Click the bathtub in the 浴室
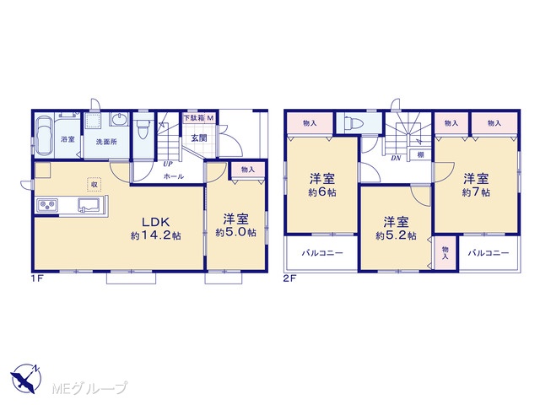[45, 135]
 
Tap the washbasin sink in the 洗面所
[120, 120]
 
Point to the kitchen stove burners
[47, 206]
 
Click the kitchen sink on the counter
[89, 205]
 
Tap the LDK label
[155, 221]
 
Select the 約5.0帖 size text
[236, 233]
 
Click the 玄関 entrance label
[199, 138]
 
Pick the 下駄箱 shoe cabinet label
[194, 118]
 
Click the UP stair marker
[168, 165]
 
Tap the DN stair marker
[396, 159]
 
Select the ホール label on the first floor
[174, 176]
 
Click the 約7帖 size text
[476, 192]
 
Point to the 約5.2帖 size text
[396, 235]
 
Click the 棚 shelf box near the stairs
[420, 154]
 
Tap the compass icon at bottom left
[26, 379]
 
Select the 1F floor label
[37, 278]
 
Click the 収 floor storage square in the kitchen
[94, 184]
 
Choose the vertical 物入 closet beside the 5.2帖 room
[445, 253]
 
